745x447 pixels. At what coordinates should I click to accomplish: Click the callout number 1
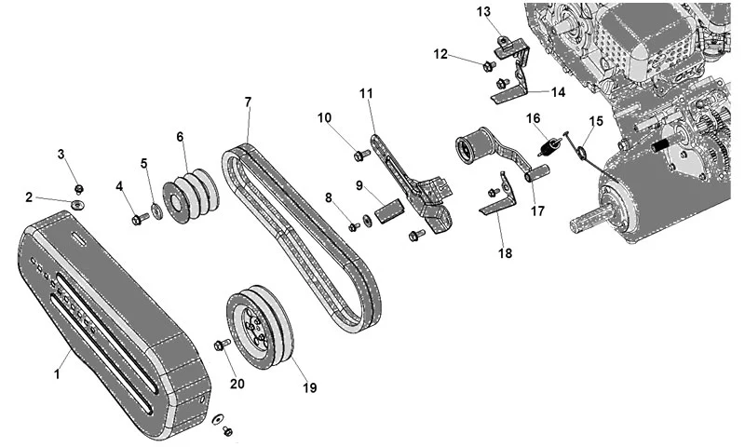coord(57,374)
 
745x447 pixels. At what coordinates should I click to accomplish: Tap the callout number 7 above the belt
coord(248,102)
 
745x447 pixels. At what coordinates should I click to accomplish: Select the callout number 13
coord(483,11)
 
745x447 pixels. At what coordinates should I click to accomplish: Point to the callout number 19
coord(309,387)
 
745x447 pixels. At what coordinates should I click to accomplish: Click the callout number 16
coord(534,118)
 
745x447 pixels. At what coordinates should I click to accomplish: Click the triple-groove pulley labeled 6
coord(191,196)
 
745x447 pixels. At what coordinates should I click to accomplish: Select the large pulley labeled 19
coord(260,328)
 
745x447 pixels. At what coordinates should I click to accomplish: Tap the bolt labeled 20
coord(222,344)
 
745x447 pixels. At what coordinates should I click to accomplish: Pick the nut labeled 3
coord(79,189)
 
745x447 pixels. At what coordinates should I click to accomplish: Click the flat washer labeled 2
coord(77,205)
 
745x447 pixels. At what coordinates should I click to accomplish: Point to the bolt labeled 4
coord(140,219)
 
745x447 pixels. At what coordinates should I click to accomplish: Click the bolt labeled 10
coord(362,155)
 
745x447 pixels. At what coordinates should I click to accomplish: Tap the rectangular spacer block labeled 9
coord(389,210)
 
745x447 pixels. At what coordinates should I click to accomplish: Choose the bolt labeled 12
coord(489,66)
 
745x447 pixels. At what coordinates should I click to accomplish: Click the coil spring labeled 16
coord(549,146)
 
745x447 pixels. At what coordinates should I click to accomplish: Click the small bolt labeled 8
coord(354,227)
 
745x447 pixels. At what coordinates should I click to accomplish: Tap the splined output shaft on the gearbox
coord(589,222)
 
